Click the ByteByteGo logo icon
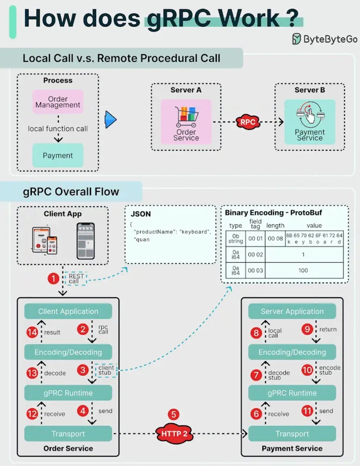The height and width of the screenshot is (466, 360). pos(296,39)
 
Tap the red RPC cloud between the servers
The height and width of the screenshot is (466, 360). pos(248,122)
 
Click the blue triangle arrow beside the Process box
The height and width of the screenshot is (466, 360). pos(110,120)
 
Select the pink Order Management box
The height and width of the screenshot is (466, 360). pos(58,102)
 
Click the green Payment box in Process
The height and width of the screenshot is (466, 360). pos(58,155)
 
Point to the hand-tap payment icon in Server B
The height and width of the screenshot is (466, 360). pos(310,115)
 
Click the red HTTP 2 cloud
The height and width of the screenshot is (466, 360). pos(174,434)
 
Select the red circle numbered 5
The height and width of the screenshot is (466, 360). pos(174,414)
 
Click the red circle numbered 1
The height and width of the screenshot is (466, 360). pos(53,279)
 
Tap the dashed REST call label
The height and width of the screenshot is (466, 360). pos(76,279)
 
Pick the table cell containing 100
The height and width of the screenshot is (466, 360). pos(303,270)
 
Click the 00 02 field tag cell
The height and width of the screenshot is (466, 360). pos(255,254)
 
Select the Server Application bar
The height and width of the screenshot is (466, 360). pos(292,311)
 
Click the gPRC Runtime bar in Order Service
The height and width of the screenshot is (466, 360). pos(68,393)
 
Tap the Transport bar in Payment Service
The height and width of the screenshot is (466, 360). pos(292,434)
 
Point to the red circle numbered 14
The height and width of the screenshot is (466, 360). pos(32,332)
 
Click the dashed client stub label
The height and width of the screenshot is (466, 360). pos(106,370)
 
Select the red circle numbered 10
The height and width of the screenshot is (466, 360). pos(307,370)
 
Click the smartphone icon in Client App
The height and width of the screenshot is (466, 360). pos(86,241)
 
